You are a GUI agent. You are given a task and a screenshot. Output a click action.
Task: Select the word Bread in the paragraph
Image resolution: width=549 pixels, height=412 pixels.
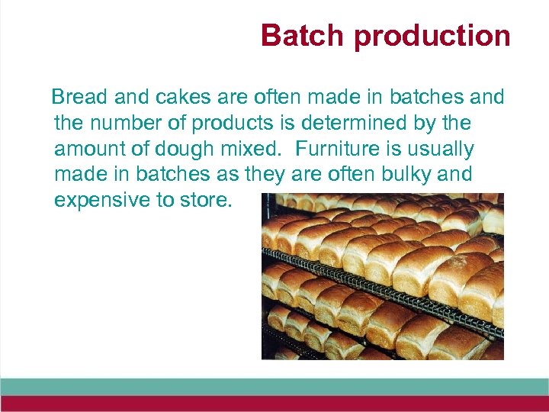[79, 98]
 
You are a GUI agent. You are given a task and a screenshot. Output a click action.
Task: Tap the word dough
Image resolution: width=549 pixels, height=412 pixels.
[193, 149]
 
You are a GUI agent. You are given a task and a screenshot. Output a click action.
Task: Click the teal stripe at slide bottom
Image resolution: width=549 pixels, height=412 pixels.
[274, 386]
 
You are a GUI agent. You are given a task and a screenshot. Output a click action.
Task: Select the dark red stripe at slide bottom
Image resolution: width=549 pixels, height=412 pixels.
[274, 403]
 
